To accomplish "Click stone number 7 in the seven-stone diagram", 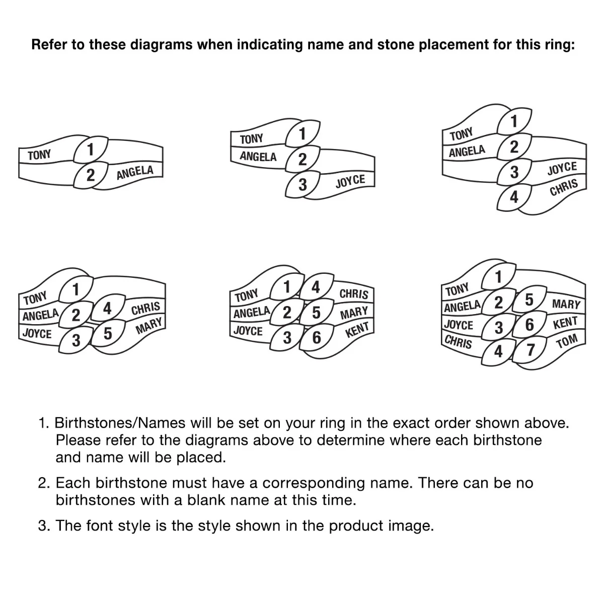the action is (530, 349).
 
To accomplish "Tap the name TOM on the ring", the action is (567, 341).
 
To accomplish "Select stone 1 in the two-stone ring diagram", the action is (91, 149).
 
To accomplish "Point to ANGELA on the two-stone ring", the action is (135, 173).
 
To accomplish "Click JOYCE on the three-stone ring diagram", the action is (350, 181).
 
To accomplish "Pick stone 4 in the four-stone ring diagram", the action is (514, 197).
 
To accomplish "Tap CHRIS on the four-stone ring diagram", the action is (564, 187).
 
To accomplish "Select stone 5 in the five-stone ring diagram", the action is (108, 333).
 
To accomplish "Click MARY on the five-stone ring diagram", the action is (148, 326).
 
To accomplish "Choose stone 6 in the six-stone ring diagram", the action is (317, 337).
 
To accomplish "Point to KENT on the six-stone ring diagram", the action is (357, 330).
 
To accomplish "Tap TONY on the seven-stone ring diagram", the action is (457, 289).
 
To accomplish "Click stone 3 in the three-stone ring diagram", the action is (303, 185).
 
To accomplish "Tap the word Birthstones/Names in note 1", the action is (120, 423).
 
